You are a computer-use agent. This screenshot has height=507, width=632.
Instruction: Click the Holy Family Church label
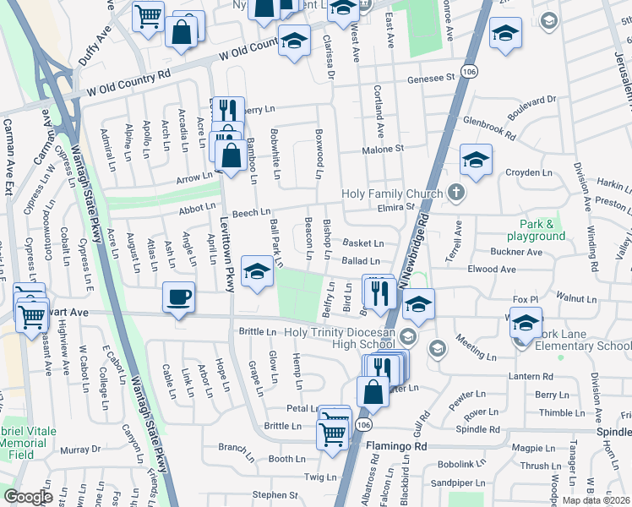(x=392, y=194)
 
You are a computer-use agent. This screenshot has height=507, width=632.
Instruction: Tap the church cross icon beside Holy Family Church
(x=456, y=194)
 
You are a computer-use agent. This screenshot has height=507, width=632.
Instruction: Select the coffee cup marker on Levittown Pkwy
(x=178, y=297)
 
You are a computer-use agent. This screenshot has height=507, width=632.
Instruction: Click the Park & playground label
(x=537, y=230)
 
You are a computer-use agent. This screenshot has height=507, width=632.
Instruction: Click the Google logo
(x=28, y=496)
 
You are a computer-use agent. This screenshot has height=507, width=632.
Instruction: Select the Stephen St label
(x=275, y=495)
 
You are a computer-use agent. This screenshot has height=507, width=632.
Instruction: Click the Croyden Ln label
(x=528, y=172)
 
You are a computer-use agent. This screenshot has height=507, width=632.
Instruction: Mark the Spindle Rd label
(x=484, y=429)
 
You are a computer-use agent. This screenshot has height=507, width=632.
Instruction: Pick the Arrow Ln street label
(x=194, y=177)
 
